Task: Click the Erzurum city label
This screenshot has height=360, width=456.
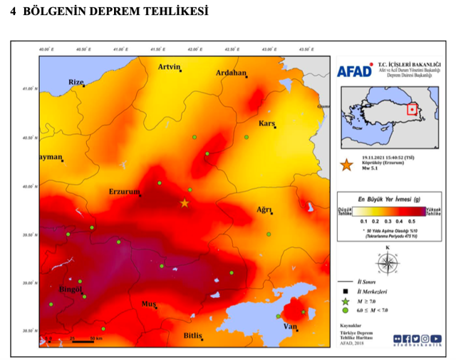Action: [x=123, y=191]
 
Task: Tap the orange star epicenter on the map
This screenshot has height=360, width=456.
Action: [x=185, y=203]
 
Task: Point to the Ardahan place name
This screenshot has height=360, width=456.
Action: [x=230, y=73]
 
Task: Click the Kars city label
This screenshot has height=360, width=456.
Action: [x=267, y=123]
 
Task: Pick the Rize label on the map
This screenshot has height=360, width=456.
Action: [x=76, y=82]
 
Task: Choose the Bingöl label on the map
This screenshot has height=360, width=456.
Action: [x=71, y=290]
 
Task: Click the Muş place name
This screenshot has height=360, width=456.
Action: [x=149, y=304]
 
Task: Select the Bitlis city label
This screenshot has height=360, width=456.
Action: [x=193, y=334]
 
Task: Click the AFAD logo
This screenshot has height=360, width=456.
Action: [x=353, y=71]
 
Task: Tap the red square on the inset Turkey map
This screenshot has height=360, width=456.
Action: [x=412, y=109]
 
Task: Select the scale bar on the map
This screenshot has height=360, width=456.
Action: [x=73, y=341]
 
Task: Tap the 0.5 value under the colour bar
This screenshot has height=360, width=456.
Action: [x=411, y=222]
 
